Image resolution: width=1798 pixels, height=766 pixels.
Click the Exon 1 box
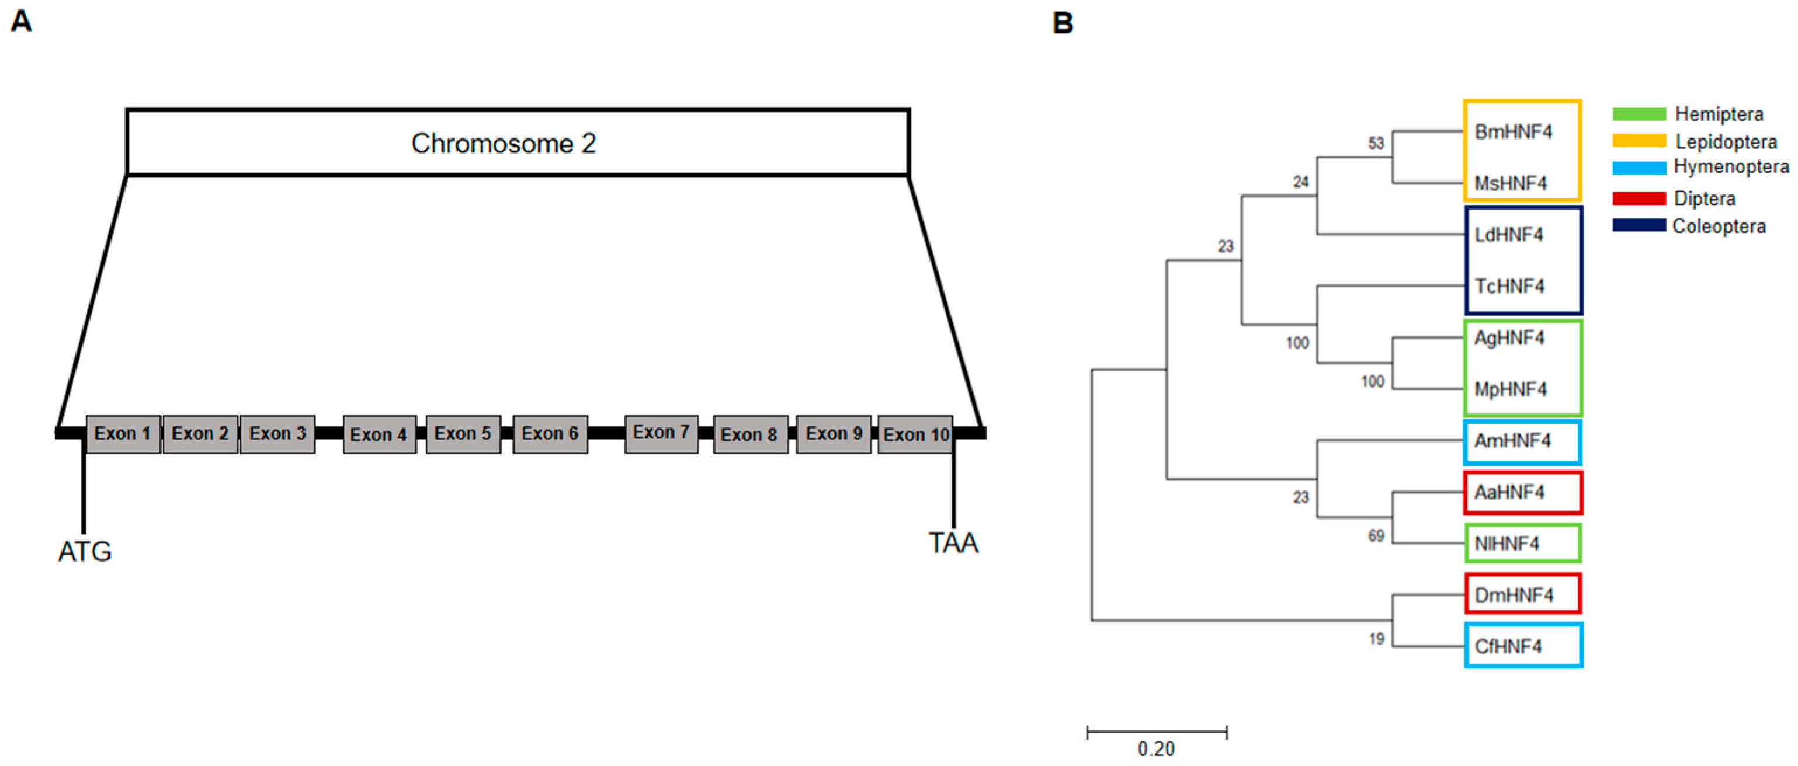coord(123,434)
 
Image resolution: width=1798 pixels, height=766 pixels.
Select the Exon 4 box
coord(379,434)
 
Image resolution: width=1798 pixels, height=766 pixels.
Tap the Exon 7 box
coord(661,433)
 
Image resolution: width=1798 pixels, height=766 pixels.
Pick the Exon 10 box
coord(915,434)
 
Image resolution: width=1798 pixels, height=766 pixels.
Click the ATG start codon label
coord(85,552)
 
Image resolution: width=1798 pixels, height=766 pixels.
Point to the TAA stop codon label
coord(953,543)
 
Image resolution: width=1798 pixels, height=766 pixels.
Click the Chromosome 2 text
coord(504,143)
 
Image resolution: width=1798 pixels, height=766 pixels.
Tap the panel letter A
coord(21,21)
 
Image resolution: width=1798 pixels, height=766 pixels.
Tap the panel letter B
coord(1063,23)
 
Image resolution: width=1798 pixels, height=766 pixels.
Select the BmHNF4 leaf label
coord(1512,132)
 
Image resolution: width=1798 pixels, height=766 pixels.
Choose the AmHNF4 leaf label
coord(1512,441)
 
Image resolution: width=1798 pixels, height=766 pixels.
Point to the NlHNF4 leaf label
coord(1507,544)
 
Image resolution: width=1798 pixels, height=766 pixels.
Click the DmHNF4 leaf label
coord(1513,595)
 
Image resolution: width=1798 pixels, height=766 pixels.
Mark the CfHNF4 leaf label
coord(1508,647)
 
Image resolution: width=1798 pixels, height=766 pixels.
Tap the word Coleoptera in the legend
coord(1719,226)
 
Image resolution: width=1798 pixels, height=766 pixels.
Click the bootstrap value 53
coord(1375,144)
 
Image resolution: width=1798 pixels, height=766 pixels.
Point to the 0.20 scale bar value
coord(1156,749)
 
